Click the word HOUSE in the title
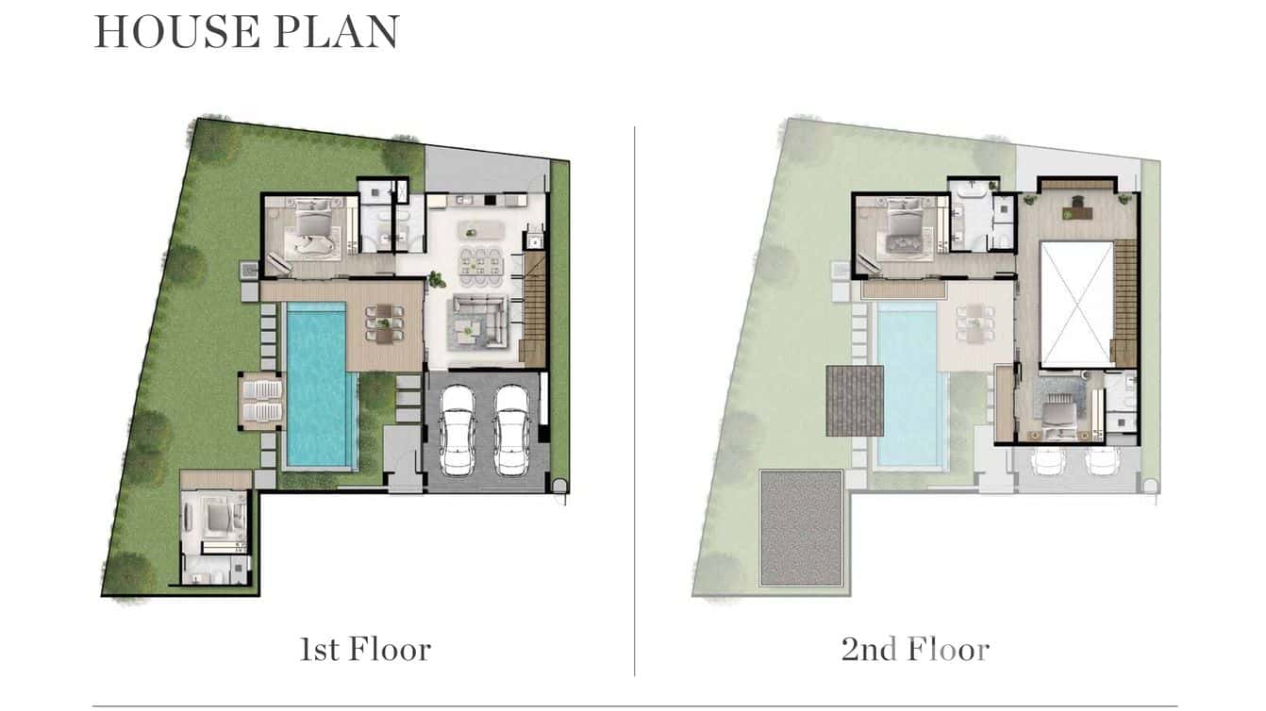[176, 32]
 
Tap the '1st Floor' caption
[365, 650]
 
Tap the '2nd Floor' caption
[915, 650]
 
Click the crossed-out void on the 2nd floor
[1076, 304]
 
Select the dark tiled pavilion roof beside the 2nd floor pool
[855, 400]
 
